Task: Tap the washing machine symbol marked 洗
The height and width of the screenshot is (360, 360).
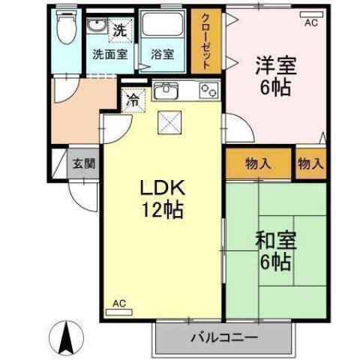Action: (x=118, y=31)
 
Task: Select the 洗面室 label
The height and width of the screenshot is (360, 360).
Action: (x=109, y=54)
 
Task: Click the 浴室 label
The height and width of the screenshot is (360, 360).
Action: (x=162, y=54)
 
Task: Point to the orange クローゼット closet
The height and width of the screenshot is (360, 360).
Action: (x=205, y=40)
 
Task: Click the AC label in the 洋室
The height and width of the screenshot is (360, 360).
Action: (x=310, y=22)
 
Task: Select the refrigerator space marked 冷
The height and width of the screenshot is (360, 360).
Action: (x=133, y=98)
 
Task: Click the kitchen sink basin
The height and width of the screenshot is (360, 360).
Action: (x=165, y=92)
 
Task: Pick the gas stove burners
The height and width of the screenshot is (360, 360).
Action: (x=208, y=92)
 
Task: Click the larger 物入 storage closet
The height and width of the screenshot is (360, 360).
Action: (x=257, y=163)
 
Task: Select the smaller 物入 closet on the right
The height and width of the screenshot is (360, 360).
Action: (x=310, y=163)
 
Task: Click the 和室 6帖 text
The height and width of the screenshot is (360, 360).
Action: (x=276, y=251)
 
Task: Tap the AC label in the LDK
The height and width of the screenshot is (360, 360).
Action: (x=118, y=303)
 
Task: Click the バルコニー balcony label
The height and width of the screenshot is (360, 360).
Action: (x=223, y=338)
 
